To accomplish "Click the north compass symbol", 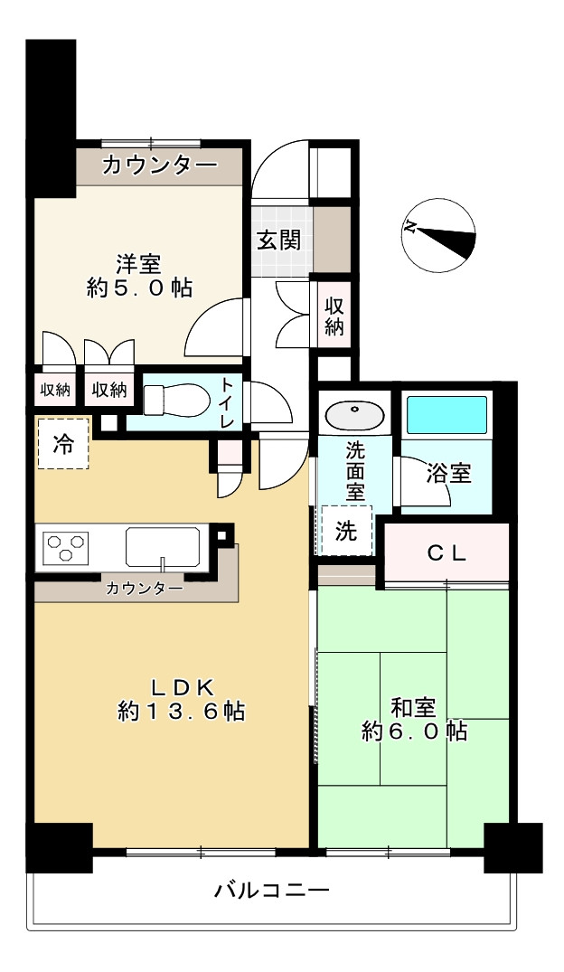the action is [x=438, y=236].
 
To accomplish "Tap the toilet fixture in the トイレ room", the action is [x=171, y=400].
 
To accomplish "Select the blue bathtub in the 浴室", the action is [x=446, y=415].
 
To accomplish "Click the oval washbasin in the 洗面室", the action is [x=354, y=414].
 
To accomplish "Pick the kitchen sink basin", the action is [x=163, y=547].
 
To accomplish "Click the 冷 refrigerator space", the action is [x=63, y=444].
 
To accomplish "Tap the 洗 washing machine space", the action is [x=346, y=531].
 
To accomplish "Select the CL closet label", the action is [x=446, y=553].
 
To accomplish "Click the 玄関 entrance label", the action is [x=279, y=240].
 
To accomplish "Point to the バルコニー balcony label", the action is [x=271, y=892].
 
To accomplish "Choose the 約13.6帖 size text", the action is [x=181, y=711].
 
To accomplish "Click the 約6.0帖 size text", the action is [x=415, y=731].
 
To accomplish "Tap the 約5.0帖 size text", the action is [x=139, y=288].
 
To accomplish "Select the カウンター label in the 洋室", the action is [x=160, y=165].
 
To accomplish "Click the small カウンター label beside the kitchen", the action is [x=145, y=588].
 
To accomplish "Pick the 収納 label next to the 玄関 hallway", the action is [x=334, y=316].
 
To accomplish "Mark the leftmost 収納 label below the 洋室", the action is [x=55, y=390].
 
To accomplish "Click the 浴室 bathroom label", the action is [x=448, y=474].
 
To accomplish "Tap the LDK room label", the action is [x=183, y=687].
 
